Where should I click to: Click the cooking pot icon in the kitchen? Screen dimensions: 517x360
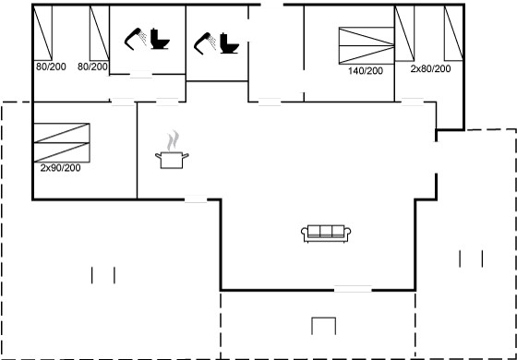tap(172, 161)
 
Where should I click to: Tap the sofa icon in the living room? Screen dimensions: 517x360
tap(326, 234)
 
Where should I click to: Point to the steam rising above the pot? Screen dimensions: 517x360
tap(173, 140)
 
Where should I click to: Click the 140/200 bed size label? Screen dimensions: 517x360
tap(366, 71)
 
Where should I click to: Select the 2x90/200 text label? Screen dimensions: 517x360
tap(60, 168)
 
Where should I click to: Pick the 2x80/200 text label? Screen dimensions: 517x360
tap(430, 69)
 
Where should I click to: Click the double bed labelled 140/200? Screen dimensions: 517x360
tap(367, 46)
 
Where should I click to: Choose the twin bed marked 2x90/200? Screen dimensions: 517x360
tap(62, 143)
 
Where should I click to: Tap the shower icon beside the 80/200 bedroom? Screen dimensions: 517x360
tap(136, 39)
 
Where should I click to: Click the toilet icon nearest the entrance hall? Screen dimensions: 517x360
tap(230, 43)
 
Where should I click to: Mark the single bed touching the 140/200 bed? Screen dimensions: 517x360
tap(404, 33)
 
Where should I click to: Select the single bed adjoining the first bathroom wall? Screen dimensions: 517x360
tap(100, 33)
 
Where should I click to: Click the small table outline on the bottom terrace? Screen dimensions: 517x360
tap(324, 326)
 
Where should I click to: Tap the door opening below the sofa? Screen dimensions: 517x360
tap(353, 290)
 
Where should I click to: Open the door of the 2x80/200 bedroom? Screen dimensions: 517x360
tap(413, 102)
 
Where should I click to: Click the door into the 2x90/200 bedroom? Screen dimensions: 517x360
tap(123, 102)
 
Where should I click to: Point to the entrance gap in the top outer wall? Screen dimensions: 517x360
tap(272, 5)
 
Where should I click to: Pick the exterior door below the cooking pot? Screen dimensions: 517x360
tap(196, 199)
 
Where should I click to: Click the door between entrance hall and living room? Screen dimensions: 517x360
tap(270, 102)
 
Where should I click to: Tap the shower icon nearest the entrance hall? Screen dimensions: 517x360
tap(205, 42)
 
